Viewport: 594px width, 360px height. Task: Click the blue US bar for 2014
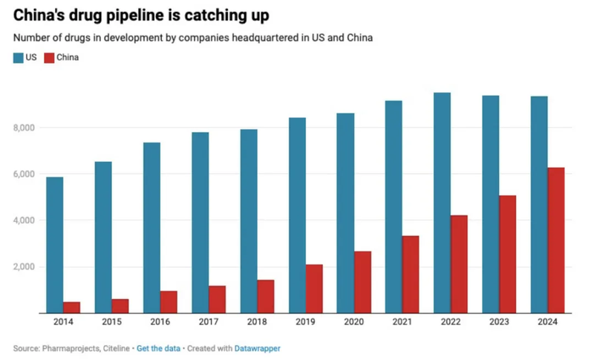[x=54, y=245]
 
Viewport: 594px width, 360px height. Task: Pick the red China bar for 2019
[x=313, y=289]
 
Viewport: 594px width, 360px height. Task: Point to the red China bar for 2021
[x=410, y=275]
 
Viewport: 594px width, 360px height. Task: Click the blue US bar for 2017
[x=200, y=223]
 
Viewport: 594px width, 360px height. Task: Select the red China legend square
[x=50, y=57]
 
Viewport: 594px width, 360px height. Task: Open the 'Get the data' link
[x=158, y=347]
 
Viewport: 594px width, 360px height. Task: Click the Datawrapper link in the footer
[x=258, y=347]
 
